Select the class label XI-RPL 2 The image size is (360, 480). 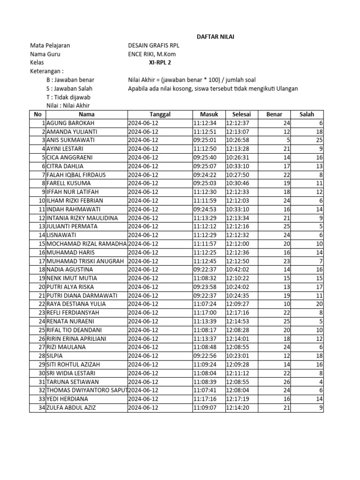click(158, 62)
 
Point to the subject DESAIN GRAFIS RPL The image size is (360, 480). click(154, 45)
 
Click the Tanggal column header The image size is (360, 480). click(160, 114)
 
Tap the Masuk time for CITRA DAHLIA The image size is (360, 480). click(208, 166)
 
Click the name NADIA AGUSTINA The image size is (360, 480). click(69, 270)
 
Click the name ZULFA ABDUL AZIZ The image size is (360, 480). click(71, 407)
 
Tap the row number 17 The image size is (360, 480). click(41, 261)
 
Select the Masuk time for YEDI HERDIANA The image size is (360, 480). click(208, 399)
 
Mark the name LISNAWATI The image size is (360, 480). click(62, 235)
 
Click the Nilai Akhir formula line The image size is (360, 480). click(192, 80)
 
